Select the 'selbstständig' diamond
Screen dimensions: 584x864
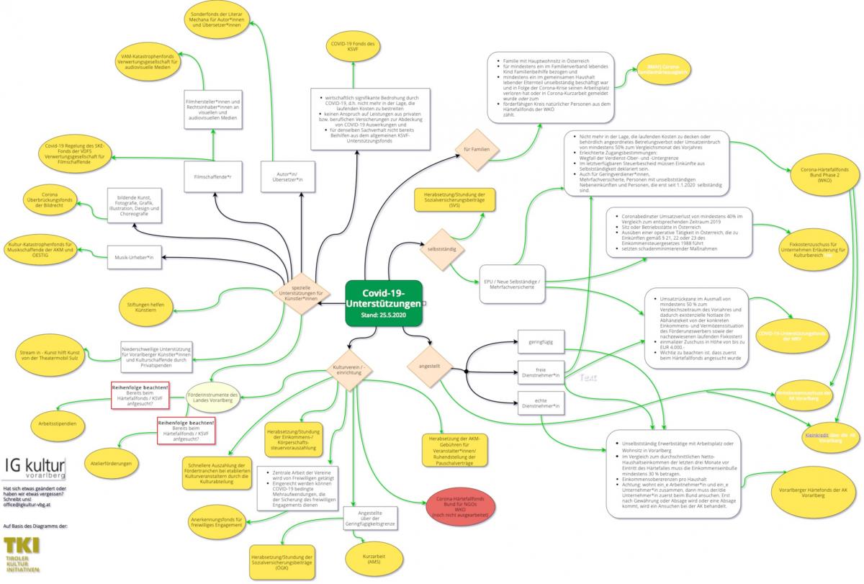click(444, 248)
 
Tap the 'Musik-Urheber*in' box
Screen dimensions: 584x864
click(135, 257)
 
